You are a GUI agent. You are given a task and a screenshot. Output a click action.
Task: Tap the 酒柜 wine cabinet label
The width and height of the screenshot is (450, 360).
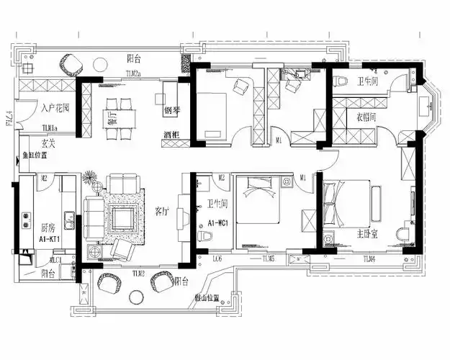pyautogui.click(x=171, y=135)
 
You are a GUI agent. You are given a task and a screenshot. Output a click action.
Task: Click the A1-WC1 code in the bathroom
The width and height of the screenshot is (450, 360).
pyautogui.click(x=218, y=222)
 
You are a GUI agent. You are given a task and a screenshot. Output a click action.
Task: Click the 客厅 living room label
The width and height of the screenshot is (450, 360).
pyautogui.click(x=162, y=212)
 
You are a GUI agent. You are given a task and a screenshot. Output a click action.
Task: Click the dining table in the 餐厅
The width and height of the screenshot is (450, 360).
pyautogui.click(x=120, y=115)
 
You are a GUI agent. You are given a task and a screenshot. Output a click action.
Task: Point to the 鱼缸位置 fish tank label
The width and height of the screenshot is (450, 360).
pyautogui.click(x=35, y=154)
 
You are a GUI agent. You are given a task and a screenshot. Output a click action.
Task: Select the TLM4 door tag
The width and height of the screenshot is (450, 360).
pyautogui.click(x=369, y=258)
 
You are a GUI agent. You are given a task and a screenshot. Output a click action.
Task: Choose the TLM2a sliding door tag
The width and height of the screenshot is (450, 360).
pyautogui.click(x=134, y=73)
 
